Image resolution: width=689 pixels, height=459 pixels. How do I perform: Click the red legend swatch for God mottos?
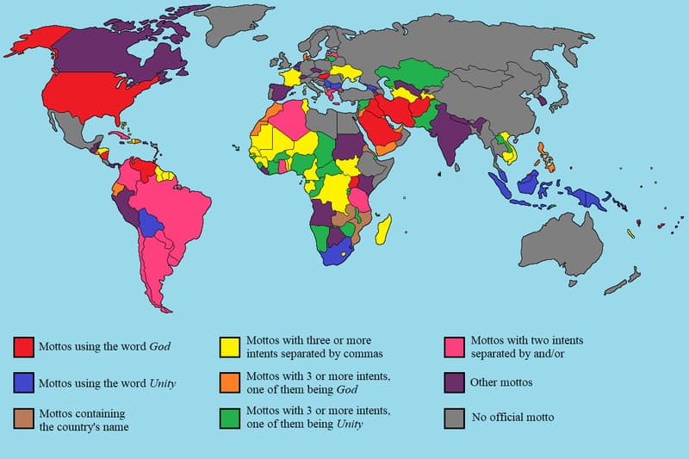click(x=24, y=346)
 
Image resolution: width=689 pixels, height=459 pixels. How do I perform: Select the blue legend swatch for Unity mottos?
click(x=24, y=381)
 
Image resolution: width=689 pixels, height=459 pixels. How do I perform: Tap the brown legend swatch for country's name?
click(x=24, y=418)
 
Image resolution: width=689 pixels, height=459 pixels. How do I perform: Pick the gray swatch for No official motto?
click(x=455, y=418)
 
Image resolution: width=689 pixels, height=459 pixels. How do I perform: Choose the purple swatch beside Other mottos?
click(x=455, y=381)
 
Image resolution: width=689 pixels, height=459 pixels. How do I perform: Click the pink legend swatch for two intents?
click(x=455, y=346)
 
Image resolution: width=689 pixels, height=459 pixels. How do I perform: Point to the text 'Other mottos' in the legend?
click(x=500, y=381)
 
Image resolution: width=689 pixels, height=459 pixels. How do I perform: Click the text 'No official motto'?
click(x=512, y=418)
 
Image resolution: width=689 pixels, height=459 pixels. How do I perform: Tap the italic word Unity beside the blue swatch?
click(x=162, y=382)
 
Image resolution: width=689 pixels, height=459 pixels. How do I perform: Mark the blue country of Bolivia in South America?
click(x=152, y=226)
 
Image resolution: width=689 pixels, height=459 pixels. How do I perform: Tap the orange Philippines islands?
click(x=544, y=156)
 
